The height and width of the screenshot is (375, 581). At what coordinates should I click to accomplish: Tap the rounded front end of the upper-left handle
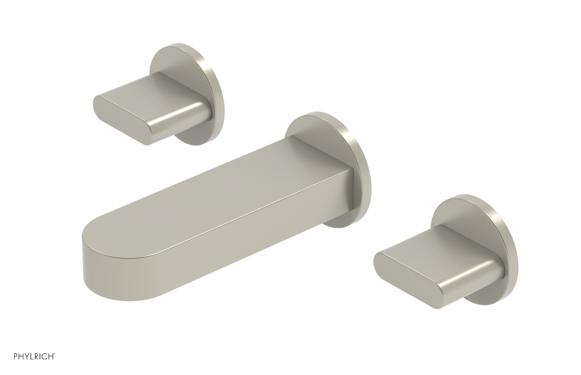click(100, 104)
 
